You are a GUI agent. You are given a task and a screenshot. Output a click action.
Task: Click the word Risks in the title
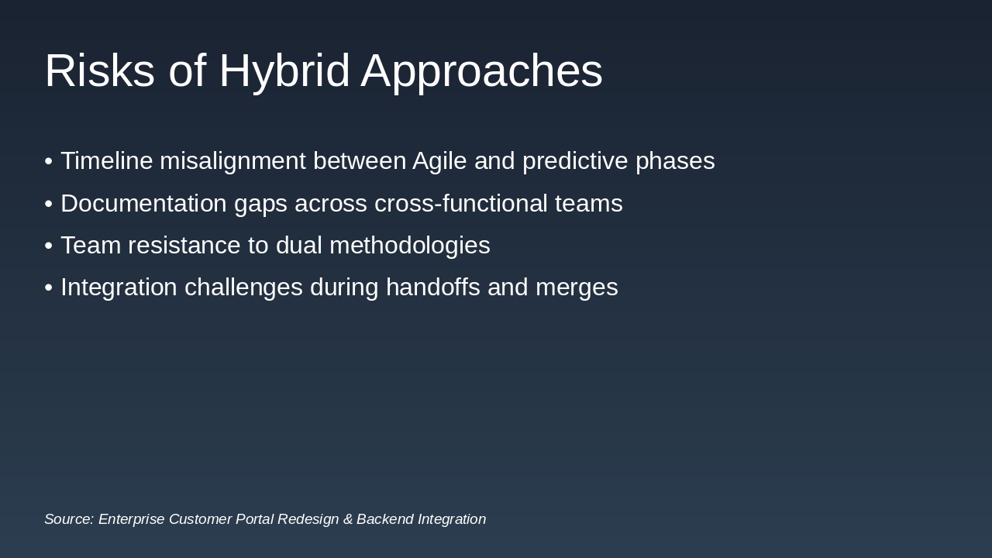coord(100,71)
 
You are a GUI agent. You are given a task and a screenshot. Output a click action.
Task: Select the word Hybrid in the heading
coord(284,73)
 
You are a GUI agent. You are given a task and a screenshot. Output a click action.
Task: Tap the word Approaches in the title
coord(482,73)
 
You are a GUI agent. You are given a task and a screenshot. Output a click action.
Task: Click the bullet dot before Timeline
coord(49,160)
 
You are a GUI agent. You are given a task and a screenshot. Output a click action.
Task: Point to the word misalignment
coord(232,161)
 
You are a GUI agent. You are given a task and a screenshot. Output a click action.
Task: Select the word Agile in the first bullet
coord(439,161)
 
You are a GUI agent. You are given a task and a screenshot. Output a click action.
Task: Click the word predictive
coord(575,161)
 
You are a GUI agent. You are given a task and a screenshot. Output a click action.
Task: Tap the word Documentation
coord(143,203)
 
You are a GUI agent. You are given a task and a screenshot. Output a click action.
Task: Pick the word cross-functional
coord(461,203)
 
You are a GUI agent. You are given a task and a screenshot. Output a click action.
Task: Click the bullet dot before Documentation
coord(49,204)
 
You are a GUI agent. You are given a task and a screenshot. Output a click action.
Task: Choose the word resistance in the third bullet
coord(184,246)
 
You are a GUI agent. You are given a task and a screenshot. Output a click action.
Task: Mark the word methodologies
coord(410,246)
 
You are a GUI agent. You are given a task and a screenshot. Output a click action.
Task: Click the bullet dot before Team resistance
coord(49,246)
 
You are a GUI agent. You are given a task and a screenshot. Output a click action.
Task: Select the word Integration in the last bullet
coord(119,288)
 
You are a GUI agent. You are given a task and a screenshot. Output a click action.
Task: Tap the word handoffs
coord(433,287)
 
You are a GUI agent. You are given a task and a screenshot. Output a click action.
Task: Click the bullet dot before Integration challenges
coord(49,288)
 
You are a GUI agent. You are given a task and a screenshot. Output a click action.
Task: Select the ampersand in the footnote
coord(348,519)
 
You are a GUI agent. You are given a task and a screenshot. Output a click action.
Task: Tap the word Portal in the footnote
coord(255,519)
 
